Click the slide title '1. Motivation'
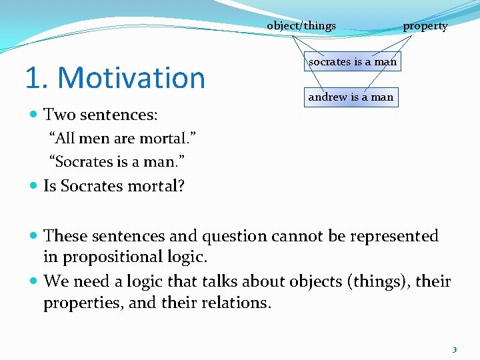point(115,78)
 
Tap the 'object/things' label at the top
point(301,26)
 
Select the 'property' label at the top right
point(425,26)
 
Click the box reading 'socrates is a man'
point(352,61)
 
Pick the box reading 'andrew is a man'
point(351,97)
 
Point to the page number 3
point(454,349)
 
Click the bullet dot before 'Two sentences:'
point(35,115)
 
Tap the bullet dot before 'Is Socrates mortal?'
point(35,187)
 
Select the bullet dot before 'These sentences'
point(35,237)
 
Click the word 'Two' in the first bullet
point(57,115)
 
